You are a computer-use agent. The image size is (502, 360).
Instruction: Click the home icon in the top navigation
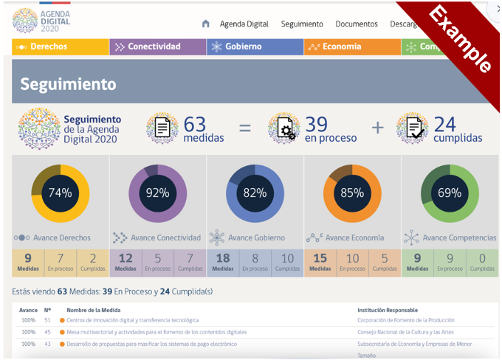point(205,24)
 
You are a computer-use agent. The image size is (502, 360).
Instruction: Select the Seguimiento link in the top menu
point(302,24)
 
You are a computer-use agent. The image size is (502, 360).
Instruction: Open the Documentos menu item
point(356,24)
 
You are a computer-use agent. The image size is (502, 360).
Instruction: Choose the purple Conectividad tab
point(158,46)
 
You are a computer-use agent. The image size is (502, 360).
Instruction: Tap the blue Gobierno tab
point(255,46)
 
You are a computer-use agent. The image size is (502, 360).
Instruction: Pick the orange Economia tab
point(352,46)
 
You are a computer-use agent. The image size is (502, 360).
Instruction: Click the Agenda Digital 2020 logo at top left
point(35,21)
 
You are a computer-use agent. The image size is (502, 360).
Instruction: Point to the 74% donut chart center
point(61,193)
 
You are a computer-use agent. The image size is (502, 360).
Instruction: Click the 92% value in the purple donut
point(158,193)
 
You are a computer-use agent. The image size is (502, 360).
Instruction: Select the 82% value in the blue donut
point(255,193)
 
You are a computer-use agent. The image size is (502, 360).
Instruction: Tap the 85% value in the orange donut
point(352,193)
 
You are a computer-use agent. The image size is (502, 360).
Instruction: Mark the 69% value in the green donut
point(450,193)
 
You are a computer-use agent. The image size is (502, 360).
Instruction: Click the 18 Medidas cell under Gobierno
point(223,262)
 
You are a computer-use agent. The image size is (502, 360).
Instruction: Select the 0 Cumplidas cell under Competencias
point(482,262)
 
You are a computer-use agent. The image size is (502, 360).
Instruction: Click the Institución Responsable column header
point(387,310)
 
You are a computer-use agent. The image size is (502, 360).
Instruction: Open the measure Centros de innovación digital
point(132,320)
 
